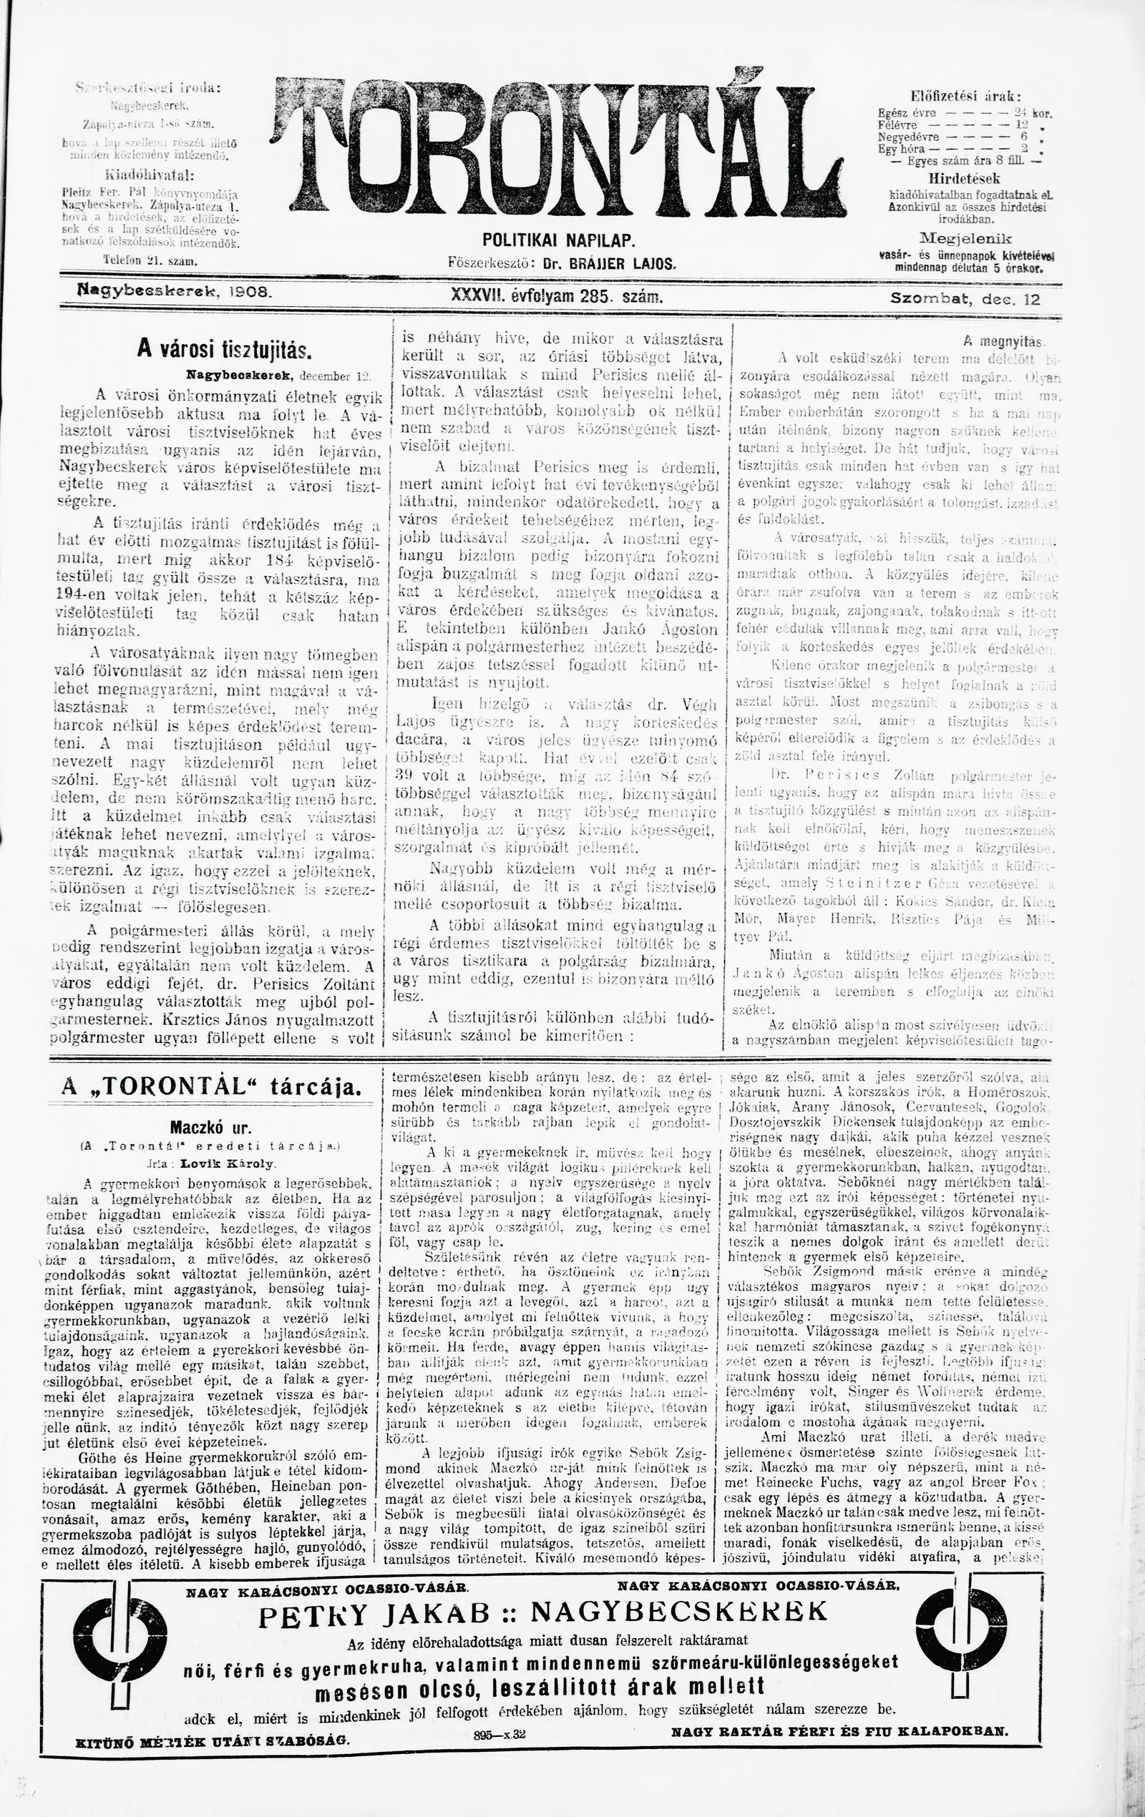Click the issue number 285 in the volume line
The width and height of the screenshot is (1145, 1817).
pyautogui.click(x=596, y=298)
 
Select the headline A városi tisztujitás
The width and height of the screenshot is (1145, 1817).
pyautogui.click(x=225, y=349)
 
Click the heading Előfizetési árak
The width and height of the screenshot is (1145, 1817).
pyautogui.click(x=965, y=96)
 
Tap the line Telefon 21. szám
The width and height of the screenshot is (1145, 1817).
pyautogui.click(x=150, y=261)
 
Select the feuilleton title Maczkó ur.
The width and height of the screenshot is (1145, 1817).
pyautogui.click(x=209, y=1129)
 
